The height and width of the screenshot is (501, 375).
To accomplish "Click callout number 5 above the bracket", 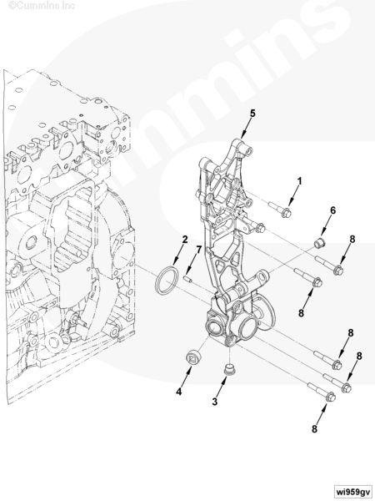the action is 252,113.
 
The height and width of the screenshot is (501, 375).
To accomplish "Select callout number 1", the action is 299,181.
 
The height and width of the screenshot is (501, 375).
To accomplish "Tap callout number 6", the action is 332,210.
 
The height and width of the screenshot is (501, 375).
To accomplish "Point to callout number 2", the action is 185,240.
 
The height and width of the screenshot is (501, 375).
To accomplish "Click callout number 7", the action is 198,250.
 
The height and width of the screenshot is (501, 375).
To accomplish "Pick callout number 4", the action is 179,392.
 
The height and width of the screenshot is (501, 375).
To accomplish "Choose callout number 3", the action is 215,402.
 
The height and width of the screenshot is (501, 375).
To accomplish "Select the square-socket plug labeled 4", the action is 193,357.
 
